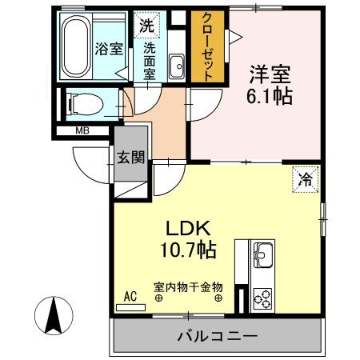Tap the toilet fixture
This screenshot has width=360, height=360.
[83, 103]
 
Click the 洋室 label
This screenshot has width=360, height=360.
[267, 74]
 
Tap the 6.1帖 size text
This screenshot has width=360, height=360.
[267, 96]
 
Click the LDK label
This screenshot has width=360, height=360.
[190, 227]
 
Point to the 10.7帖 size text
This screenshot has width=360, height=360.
[190, 249]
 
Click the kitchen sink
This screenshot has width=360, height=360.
[263, 258]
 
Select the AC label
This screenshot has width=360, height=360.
[131, 296]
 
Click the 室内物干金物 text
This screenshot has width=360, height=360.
[188, 286]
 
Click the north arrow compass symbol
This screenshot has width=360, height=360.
[54, 315]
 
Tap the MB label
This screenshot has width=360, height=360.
[82, 130]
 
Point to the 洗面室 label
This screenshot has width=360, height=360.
[150, 59]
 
